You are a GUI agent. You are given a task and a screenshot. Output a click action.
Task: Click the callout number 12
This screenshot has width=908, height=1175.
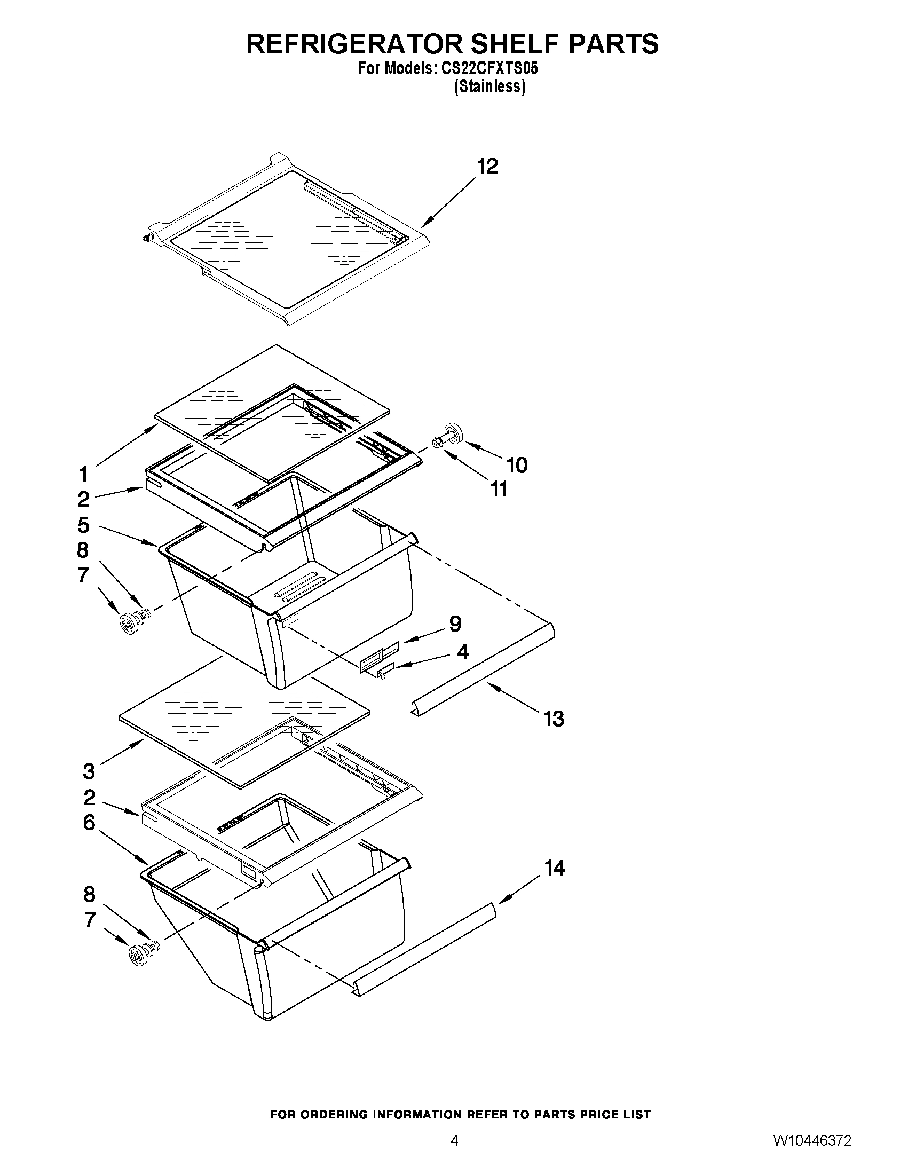tap(487, 166)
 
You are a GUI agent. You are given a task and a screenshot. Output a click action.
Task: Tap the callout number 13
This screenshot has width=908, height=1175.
tap(554, 719)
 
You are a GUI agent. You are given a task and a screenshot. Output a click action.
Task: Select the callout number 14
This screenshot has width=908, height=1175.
tap(555, 869)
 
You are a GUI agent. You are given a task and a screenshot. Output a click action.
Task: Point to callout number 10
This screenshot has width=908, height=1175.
tap(517, 465)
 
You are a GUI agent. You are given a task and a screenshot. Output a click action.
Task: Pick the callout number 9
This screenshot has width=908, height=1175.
tap(455, 624)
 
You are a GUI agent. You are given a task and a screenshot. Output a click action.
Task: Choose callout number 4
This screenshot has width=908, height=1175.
tap(462, 652)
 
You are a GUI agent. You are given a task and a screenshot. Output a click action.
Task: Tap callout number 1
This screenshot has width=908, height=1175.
tap(83, 475)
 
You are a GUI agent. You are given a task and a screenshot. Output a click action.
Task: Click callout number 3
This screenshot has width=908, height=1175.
tap(89, 771)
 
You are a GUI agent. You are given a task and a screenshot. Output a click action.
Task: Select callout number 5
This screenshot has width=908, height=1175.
tap(83, 525)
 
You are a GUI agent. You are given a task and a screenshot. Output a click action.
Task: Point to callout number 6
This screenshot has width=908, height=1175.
tap(89, 823)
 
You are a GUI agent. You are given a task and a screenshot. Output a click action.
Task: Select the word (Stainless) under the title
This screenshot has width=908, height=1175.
tap(489, 86)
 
